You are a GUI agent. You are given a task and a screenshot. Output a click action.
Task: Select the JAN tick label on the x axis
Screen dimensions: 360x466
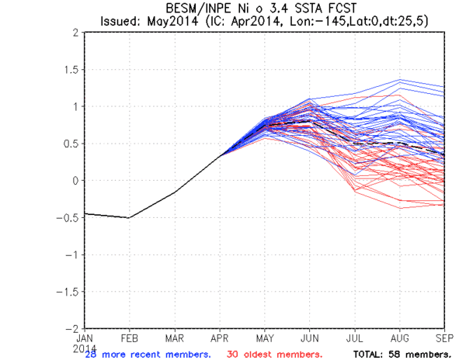[85, 338]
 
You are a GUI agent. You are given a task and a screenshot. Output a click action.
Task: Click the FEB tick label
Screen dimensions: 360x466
[130, 338]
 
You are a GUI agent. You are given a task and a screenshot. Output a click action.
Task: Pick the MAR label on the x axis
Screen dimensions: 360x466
[175, 338]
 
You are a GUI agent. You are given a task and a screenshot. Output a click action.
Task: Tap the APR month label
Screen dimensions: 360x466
[220, 338]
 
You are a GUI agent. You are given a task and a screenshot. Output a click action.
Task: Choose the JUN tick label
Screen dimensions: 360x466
[310, 338]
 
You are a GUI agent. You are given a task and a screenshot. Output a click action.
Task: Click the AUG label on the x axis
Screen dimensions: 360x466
[400, 338]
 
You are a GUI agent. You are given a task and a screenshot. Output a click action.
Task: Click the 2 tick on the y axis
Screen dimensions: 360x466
[75, 33]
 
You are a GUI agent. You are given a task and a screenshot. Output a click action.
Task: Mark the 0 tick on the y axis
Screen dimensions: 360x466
[75, 181]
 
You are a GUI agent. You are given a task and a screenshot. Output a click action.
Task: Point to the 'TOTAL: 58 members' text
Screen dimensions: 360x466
[402, 353]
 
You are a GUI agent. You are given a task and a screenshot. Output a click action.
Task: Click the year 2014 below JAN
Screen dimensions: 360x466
[85, 347]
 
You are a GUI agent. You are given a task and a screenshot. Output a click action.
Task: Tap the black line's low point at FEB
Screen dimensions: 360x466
[130, 218]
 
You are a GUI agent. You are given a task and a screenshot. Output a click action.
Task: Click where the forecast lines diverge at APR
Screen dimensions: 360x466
[220, 156]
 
